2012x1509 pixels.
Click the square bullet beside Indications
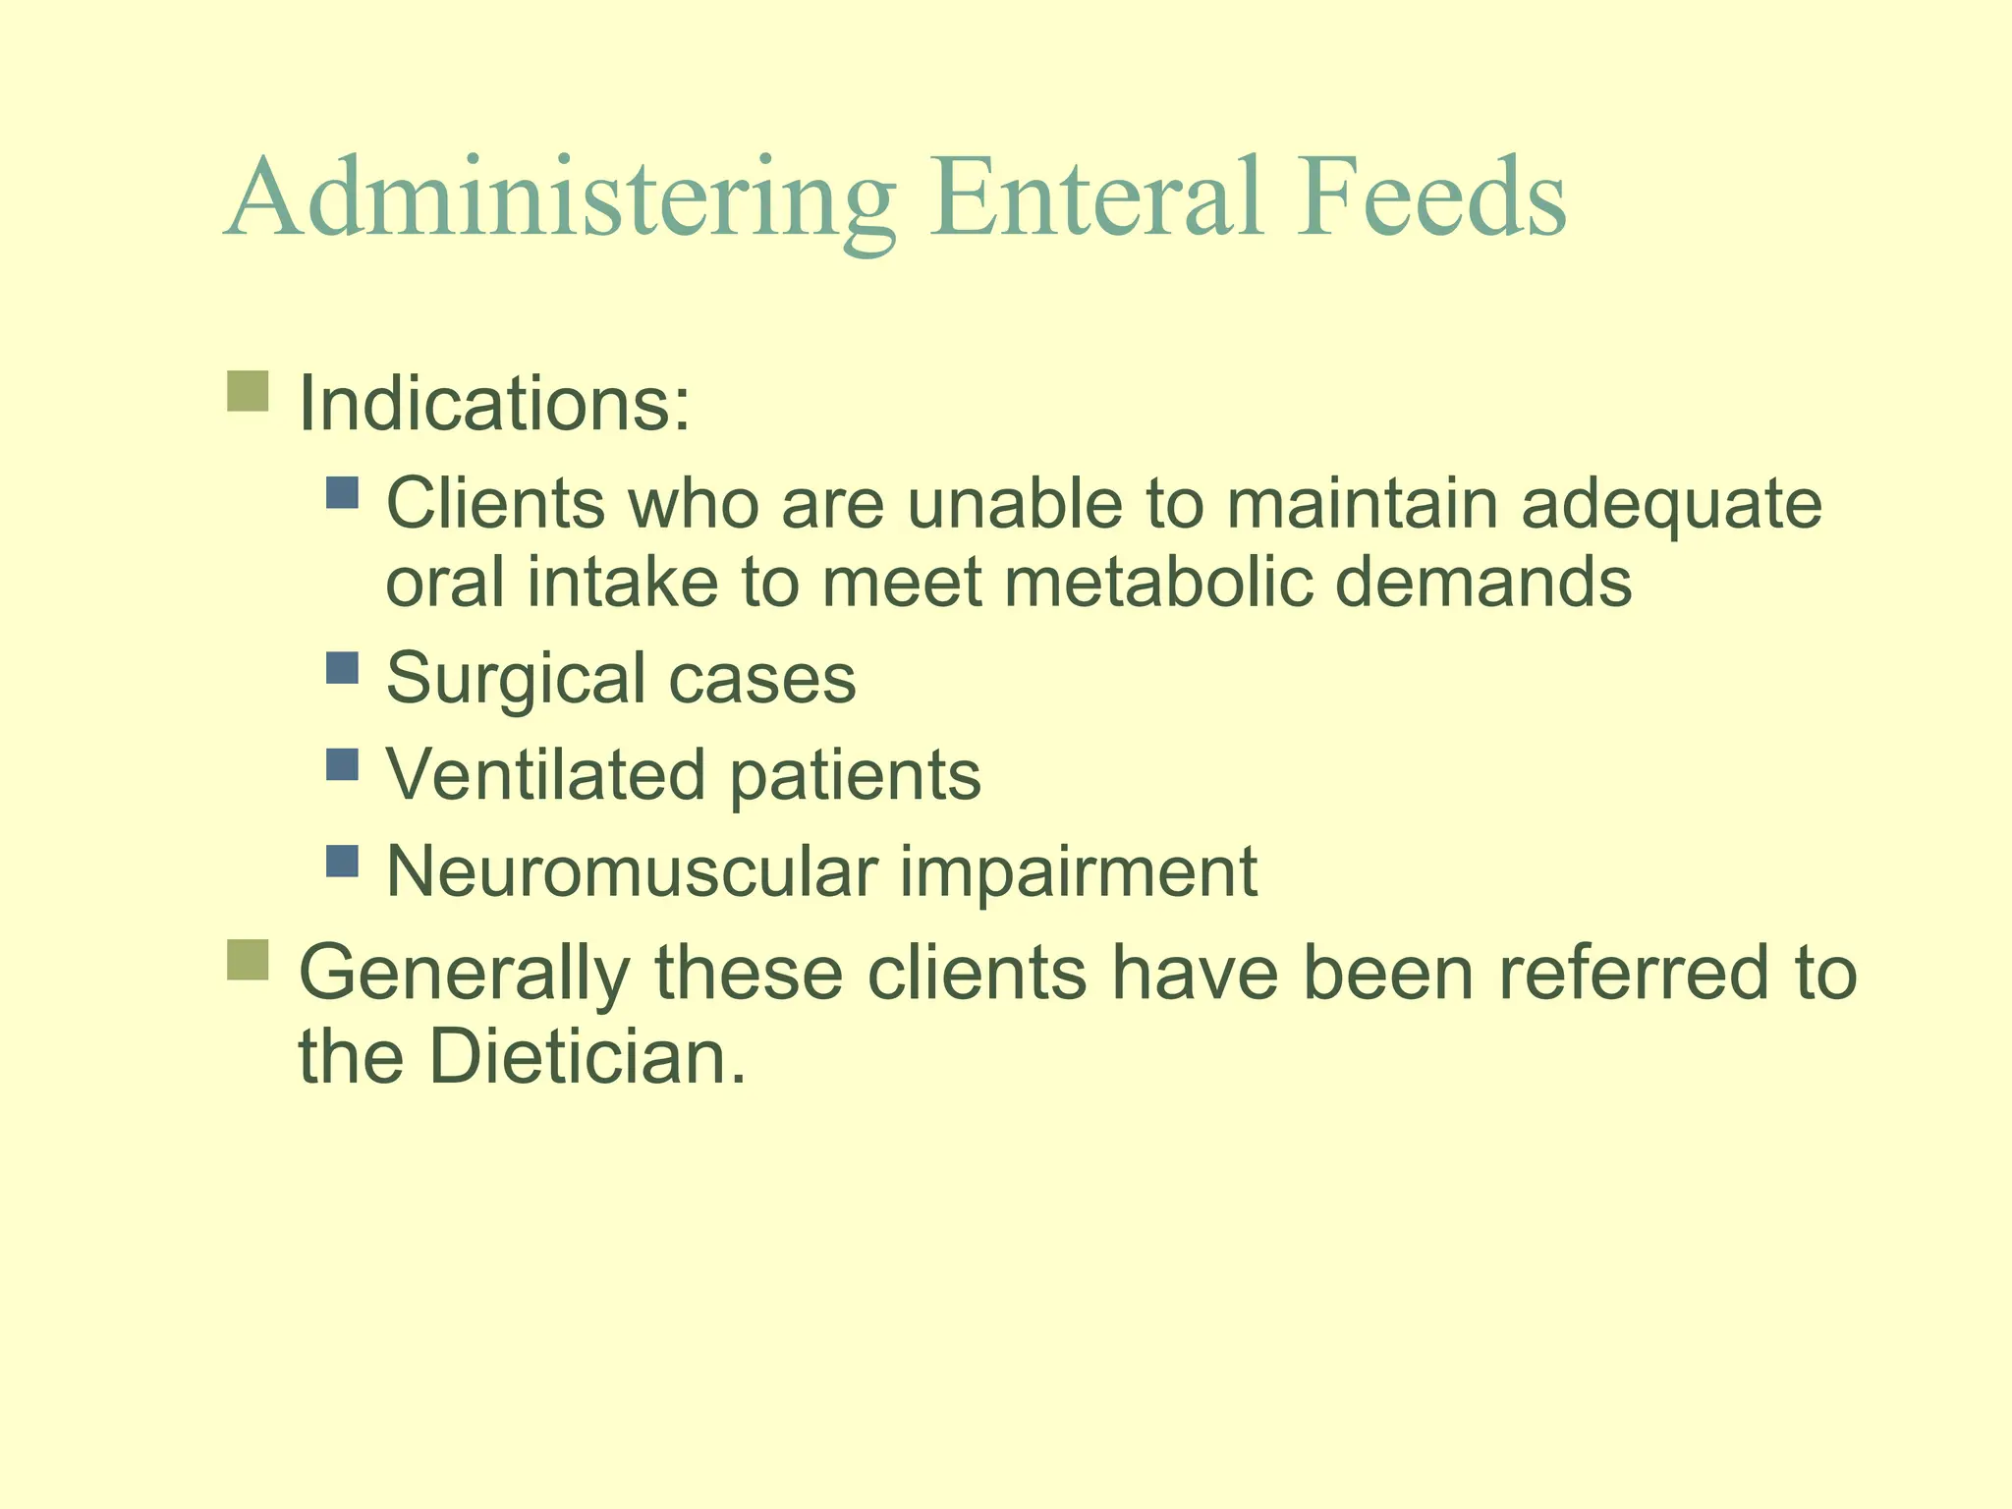pyautogui.click(x=248, y=391)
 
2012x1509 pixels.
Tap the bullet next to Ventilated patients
pyautogui.click(x=342, y=764)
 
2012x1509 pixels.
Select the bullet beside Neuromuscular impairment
pyautogui.click(x=342, y=861)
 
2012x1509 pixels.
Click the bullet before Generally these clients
pyautogui.click(x=248, y=959)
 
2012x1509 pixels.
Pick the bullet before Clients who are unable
pyautogui.click(x=342, y=492)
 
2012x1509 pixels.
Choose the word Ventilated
pyautogui.click(x=546, y=774)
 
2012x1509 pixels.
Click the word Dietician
pyautogui.click(x=586, y=1057)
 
